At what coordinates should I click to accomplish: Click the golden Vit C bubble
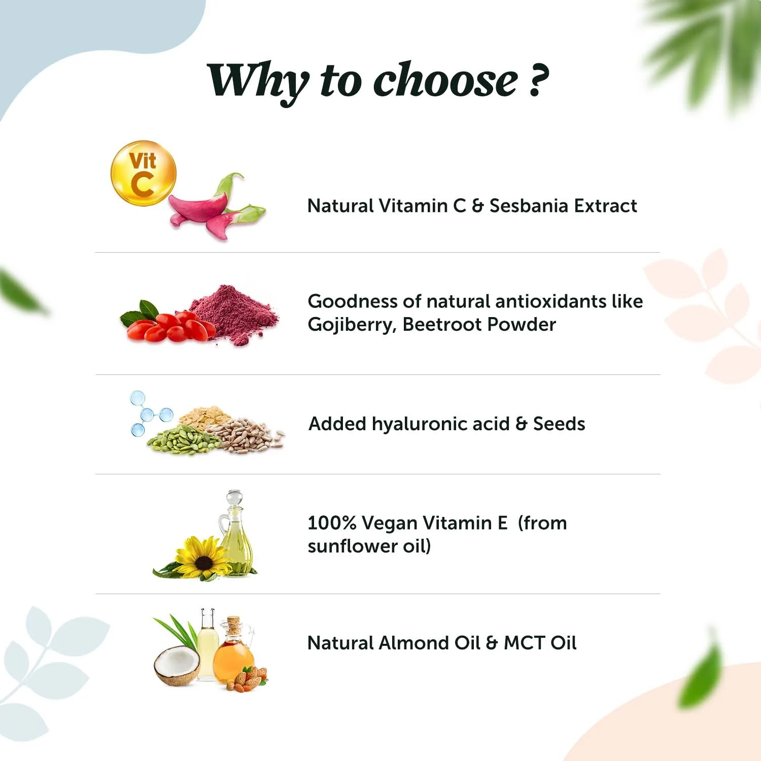coord(144,174)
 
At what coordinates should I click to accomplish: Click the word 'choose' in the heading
coord(445,81)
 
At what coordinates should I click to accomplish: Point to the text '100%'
coord(332,523)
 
